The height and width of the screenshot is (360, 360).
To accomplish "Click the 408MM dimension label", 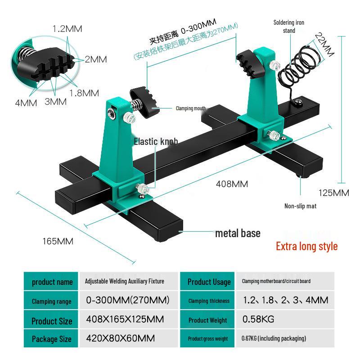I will coord(232,184).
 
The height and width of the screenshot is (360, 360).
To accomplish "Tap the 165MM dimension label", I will coord(58,241).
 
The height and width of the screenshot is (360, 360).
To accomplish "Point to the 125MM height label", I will coord(334,193).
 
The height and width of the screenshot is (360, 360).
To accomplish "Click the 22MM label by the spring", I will coord(324,45).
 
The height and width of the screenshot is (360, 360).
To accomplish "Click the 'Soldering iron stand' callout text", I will coord(289,26).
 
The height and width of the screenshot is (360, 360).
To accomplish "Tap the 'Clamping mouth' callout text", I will coord(190,108).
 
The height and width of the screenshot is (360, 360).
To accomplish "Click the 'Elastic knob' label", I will coord(156,142).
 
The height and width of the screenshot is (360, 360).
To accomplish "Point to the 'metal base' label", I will coord(238,233).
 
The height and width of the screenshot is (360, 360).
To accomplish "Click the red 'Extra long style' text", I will coord(306,246).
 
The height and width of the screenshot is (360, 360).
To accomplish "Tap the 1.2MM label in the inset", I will coord(67,29).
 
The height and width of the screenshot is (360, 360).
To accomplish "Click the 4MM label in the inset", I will coord(26,103).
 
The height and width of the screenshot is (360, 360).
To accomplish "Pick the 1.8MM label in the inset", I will coord(84,93).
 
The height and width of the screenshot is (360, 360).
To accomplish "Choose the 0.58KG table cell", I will coord(258,319).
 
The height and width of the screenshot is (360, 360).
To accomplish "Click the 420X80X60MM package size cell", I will coord(120,338).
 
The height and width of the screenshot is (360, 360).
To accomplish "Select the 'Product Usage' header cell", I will coord(209,282).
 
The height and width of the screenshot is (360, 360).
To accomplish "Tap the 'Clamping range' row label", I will coord(51,301).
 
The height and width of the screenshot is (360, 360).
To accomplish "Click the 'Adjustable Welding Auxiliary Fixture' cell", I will coord(125,281).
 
